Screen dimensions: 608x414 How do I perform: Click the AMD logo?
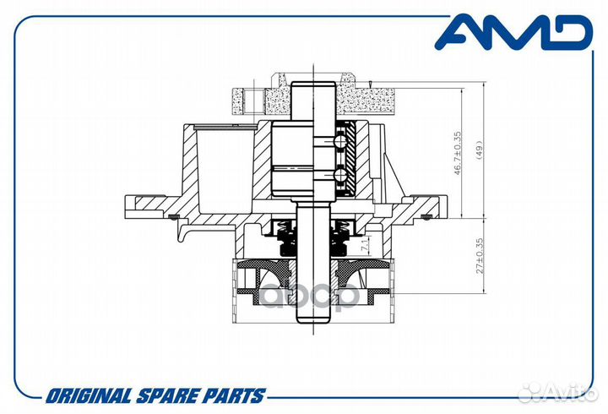click(514, 32)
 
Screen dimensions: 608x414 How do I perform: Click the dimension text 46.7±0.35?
click(458, 153)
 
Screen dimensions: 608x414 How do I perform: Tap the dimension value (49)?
click(479, 150)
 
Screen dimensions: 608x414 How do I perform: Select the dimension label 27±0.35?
click(480, 256)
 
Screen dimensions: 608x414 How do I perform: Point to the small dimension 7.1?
click(364, 244)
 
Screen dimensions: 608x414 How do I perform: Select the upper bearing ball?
click(339, 141)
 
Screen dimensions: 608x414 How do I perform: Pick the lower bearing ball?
click(339, 174)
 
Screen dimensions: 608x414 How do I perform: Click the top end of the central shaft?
click(313, 82)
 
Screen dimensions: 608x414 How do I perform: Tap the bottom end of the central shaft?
click(313, 323)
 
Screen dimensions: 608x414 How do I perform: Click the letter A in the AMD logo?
click(459, 33)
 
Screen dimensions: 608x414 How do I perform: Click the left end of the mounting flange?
click(125, 207)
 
